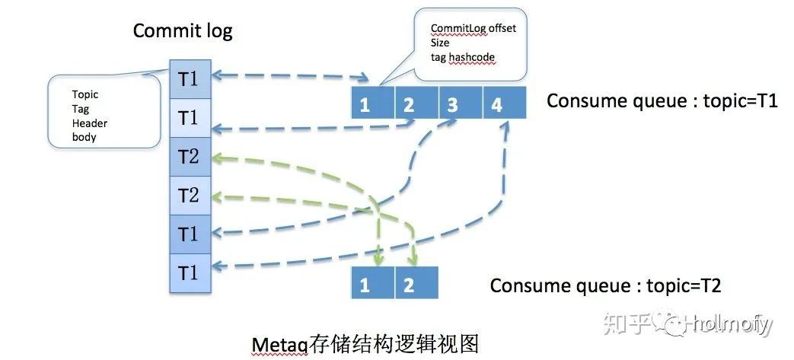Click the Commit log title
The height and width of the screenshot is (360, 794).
[183, 31]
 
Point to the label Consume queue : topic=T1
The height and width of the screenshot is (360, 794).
[662, 101]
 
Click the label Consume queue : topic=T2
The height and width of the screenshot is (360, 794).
[605, 285]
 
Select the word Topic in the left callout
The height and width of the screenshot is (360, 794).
[85, 95]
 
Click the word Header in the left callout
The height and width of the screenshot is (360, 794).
[89, 123]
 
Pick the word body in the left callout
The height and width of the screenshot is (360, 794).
[85, 138]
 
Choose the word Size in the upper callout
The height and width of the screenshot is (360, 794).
[440, 43]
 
